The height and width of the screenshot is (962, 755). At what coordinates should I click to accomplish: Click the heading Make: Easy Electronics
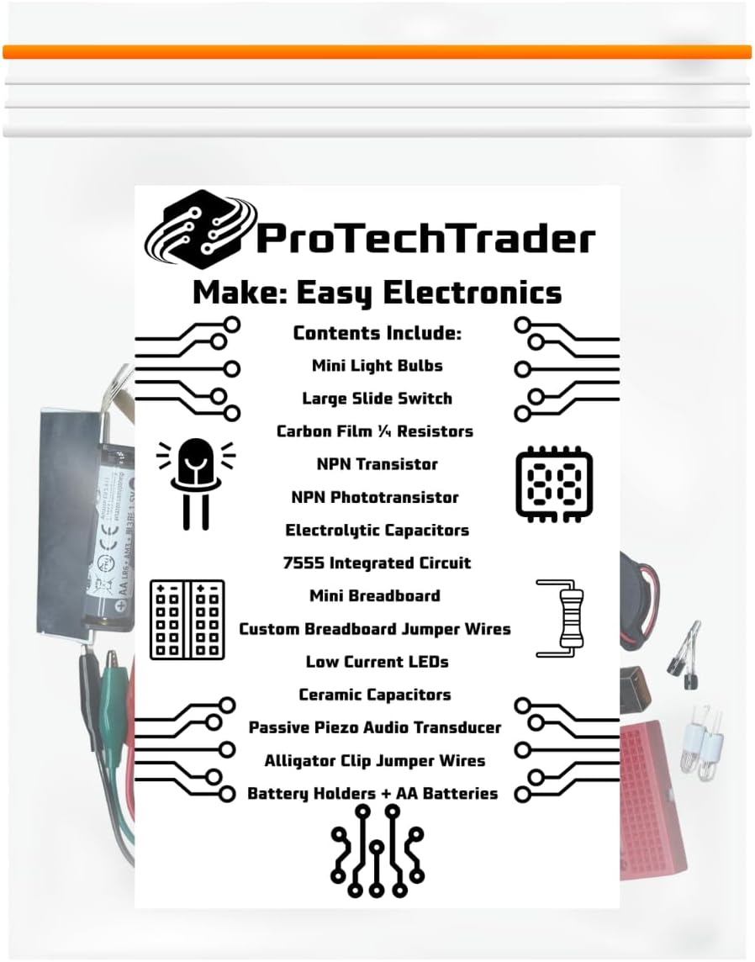pyautogui.click(x=377, y=293)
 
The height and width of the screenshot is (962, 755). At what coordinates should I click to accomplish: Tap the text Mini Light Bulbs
pyautogui.click(x=377, y=366)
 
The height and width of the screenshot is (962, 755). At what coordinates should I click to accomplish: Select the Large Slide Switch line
pyautogui.click(x=377, y=399)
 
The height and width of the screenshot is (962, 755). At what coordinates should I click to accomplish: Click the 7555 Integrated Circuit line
pyautogui.click(x=377, y=563)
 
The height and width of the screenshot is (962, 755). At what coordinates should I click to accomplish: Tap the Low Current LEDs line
pyautogui.click(x=377, y=662)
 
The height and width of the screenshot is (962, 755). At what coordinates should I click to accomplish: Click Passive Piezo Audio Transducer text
pyautogui.click(x=374, y=727)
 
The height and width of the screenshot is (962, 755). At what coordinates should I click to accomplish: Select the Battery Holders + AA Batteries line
pyautogui.click(x=372, y=793)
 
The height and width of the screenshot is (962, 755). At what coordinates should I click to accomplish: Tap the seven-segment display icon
pyautogui.click(x=553, y=484)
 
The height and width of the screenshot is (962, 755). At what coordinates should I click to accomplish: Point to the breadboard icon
pyautogui.click(x=187, y=619)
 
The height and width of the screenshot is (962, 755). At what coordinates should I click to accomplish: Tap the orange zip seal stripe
pyautogui.click(x=377, y=52)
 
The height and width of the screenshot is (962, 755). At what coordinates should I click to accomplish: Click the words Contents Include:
pyautogui.click(x=377, y=333)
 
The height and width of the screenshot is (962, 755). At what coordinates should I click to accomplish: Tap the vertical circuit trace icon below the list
pyautogui.click(x=377, y=849)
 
